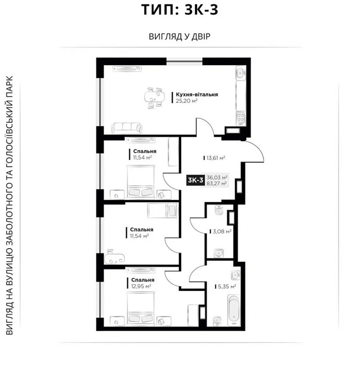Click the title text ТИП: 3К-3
point(179,12)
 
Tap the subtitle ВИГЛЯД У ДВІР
point(180,37)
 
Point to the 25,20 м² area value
point(187,101)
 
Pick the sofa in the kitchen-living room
point(128,128)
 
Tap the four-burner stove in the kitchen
point(241,117)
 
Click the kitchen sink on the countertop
point(240,74)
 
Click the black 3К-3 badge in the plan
point(196,180)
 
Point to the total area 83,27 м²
point(217,184)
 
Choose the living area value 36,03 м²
point(217,177)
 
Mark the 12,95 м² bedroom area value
point(140,286)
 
